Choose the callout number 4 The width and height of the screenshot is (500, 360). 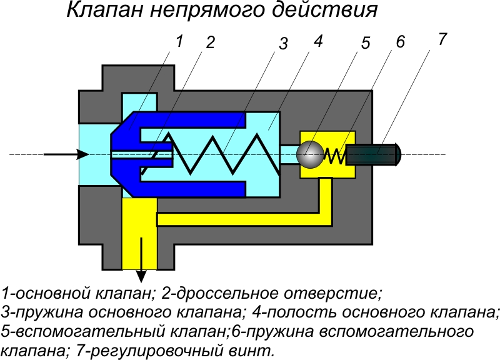317,41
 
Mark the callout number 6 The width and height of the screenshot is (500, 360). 400,42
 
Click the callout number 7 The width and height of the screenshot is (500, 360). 442,39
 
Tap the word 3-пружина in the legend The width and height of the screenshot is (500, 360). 42,311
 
